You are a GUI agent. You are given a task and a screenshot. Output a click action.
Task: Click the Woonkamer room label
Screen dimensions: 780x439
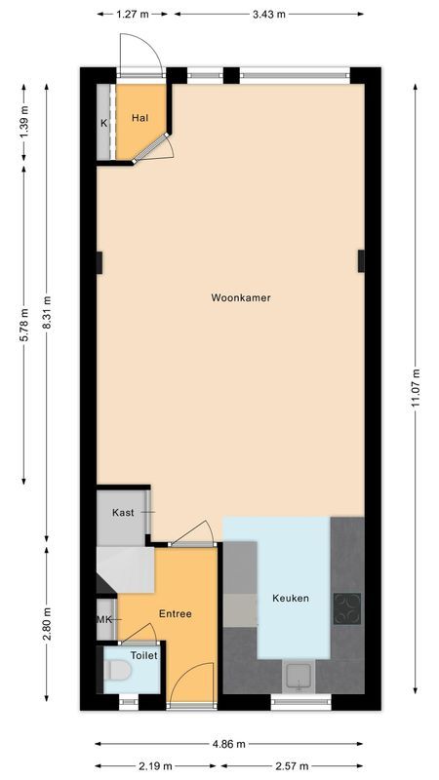(240, 297)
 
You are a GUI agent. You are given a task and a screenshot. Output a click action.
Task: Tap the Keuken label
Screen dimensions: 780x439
(291, 598)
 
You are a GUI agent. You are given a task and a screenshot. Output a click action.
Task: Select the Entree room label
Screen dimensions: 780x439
(176, 613)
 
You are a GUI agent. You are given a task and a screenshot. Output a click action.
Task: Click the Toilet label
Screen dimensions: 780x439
(144, 655)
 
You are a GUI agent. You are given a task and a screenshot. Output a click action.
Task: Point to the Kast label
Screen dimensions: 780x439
(123, 512)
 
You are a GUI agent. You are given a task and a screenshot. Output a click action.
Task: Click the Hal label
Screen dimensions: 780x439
(140, 118)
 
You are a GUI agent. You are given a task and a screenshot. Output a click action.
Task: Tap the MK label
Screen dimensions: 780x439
(104, 620)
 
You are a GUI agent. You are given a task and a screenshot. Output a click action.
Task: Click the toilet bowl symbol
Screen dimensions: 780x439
(119, 673)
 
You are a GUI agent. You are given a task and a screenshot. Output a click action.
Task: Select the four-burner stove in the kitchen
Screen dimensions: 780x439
(346, 607)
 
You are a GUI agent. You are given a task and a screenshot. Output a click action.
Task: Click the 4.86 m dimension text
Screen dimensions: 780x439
(229, 744)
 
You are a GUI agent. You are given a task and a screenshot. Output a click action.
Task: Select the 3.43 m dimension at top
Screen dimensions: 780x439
(268, 15)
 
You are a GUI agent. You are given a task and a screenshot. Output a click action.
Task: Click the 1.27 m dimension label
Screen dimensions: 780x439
(133, 15)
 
